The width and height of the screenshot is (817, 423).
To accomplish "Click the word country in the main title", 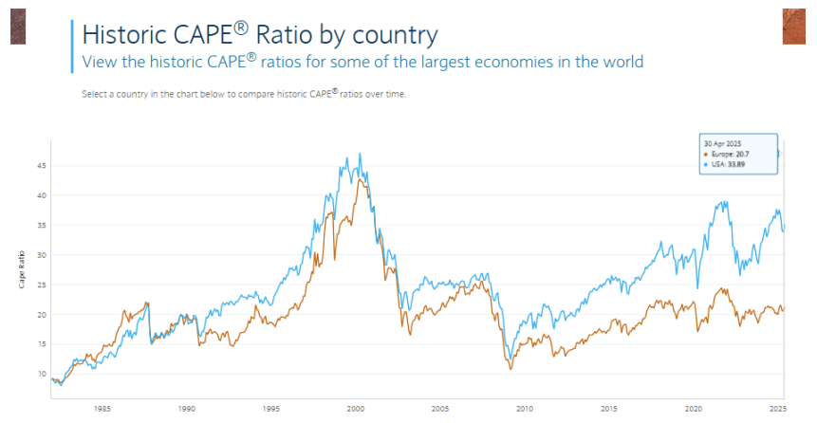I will point(391,35).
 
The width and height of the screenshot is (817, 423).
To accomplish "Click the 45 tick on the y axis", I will point(42,165).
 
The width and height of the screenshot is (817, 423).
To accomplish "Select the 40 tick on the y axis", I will point(42,195).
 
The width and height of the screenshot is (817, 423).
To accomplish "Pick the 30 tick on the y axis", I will point(42,255).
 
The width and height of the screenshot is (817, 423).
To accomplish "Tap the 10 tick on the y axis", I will point(42,374).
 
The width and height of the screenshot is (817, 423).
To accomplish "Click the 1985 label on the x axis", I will point(102,410).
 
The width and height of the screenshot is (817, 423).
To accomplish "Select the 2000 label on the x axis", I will point(356,410).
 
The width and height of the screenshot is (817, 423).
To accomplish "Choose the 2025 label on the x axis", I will point(776,410).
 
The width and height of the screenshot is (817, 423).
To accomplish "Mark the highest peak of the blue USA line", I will point(359,154).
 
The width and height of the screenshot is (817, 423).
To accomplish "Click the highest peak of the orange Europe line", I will point(362,178).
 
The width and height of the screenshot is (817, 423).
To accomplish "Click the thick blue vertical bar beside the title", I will point(72,46).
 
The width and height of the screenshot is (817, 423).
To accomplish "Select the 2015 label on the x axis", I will point(608,410).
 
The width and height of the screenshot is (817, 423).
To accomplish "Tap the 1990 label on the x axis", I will point(187,410).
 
